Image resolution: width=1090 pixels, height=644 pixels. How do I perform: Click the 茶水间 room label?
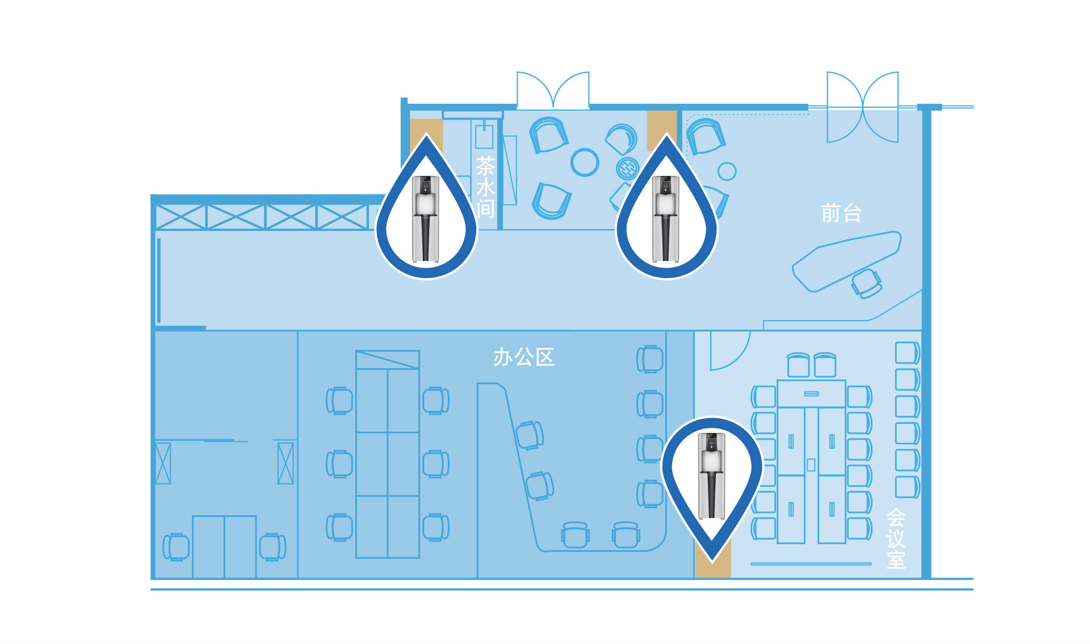click(485, 187)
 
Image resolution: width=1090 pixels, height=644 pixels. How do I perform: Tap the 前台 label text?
click(841, 213)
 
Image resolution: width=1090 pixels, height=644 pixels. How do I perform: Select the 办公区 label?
click(523, 357)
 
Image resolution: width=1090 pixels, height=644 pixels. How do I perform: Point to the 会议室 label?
click(896, 538)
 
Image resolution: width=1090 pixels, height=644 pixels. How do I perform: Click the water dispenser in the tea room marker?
click(426, 219)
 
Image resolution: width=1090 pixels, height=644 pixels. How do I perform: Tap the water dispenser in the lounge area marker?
click(666, 219)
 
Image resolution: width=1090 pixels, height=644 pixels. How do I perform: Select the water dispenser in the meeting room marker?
click(712, 476)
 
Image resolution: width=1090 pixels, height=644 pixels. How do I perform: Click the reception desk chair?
click(866, 283)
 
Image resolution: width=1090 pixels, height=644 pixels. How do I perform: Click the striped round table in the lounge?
click(627, 168)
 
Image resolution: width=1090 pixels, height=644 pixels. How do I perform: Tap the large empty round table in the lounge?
click(585, 162)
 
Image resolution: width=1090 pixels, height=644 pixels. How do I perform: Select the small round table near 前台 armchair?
click(727, 171)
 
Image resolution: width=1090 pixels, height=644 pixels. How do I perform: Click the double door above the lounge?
click(553, 91)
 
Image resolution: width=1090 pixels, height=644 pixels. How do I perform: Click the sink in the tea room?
click(484, 136)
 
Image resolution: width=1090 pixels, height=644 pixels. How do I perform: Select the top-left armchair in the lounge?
click(548, 135)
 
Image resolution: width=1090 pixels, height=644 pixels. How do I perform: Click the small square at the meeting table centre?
click(811, 465)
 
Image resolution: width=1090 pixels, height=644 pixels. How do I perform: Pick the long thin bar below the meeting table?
click(811, 564)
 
